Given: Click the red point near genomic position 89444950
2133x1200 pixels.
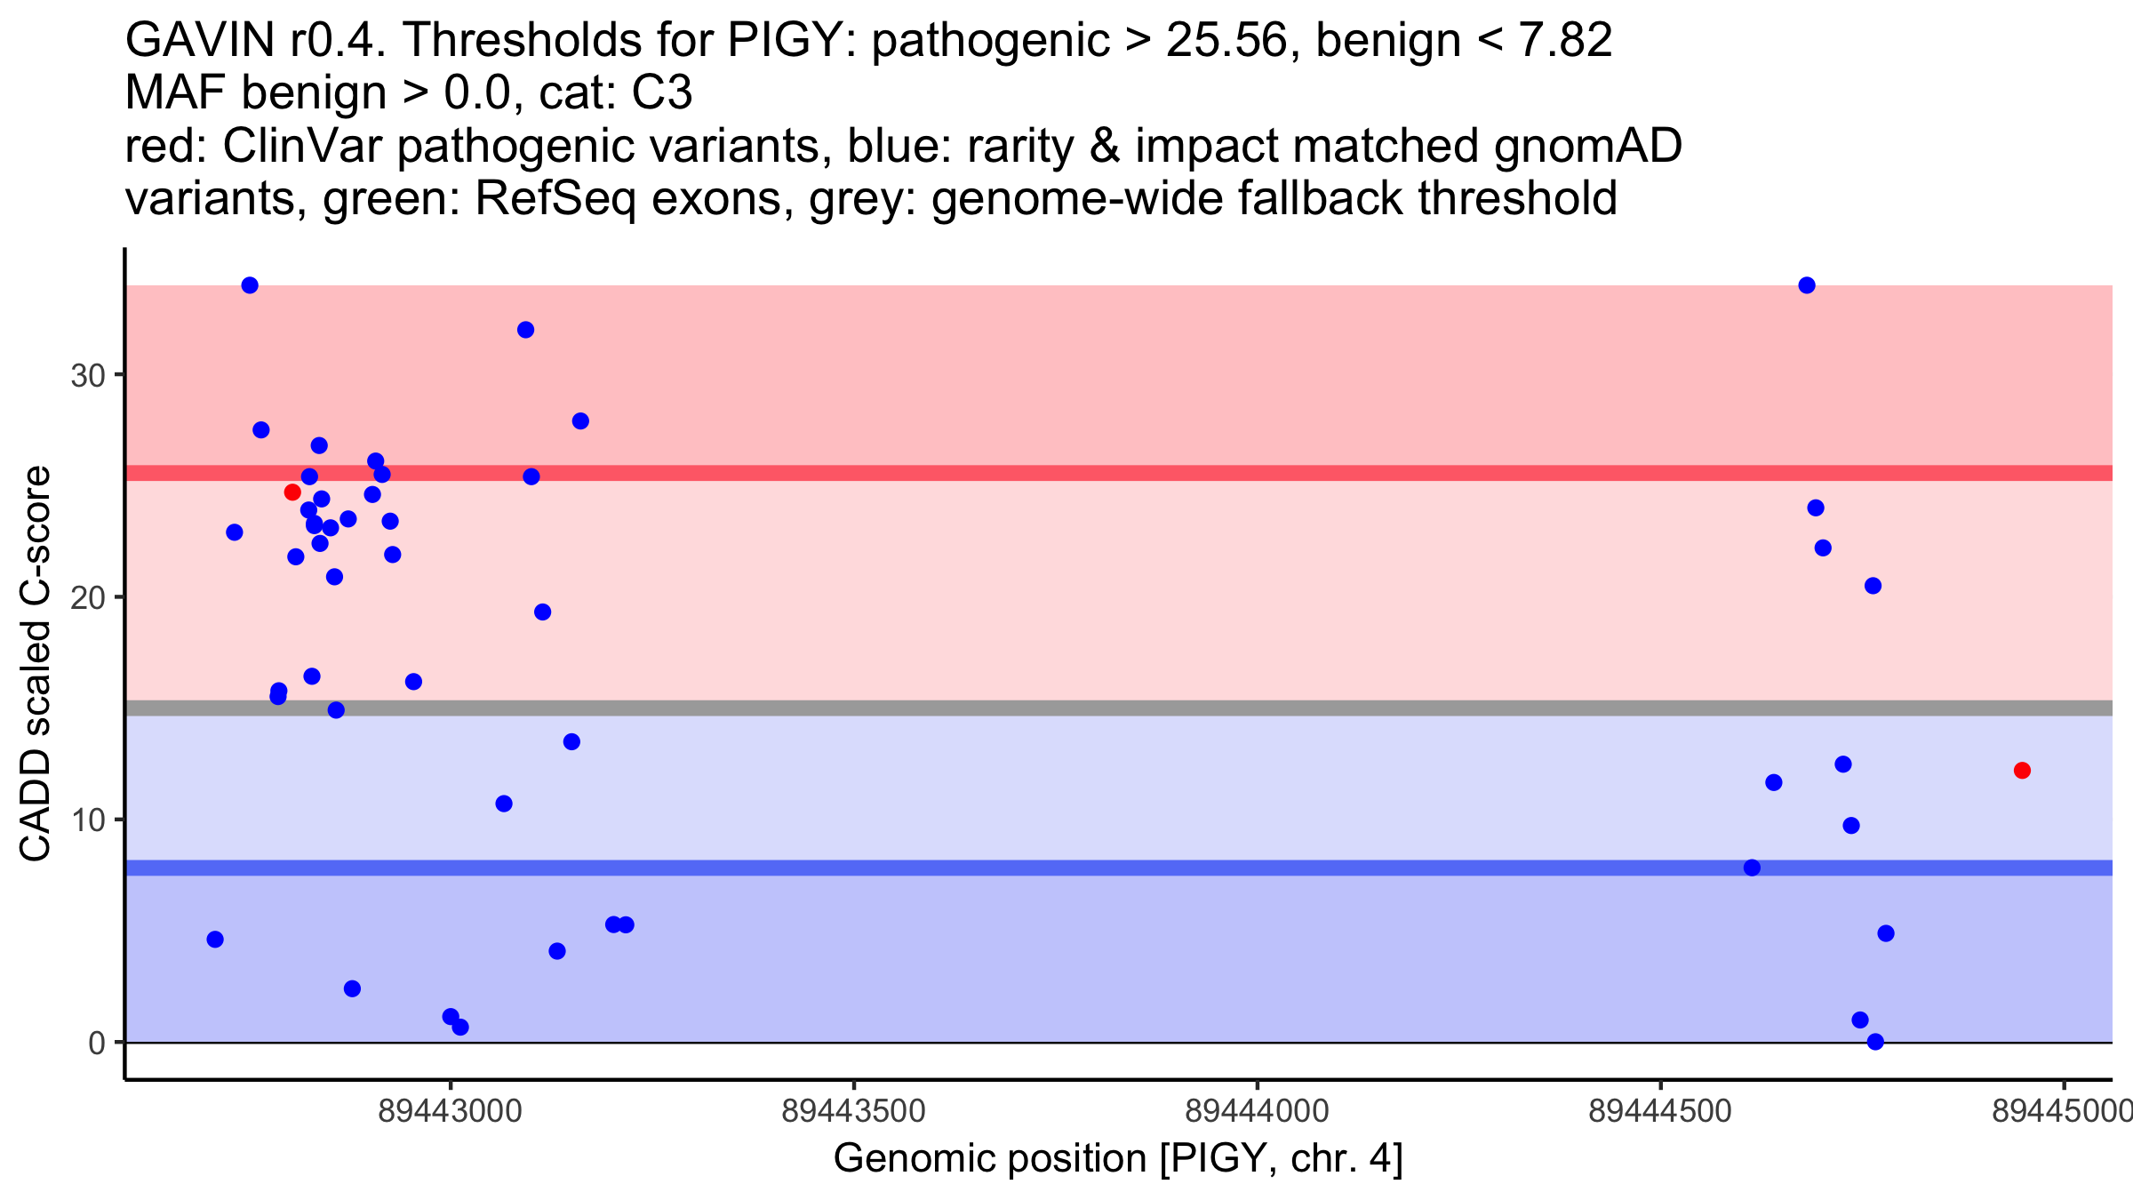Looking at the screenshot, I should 2022,770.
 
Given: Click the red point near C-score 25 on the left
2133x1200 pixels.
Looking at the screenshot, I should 292,492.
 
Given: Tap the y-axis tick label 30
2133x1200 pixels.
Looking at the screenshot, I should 88,375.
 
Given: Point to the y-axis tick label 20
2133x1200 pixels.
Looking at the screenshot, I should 88,597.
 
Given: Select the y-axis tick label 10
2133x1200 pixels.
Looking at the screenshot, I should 88,820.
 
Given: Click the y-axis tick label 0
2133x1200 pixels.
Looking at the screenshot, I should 97,1043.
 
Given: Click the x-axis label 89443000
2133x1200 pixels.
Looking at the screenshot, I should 450,1111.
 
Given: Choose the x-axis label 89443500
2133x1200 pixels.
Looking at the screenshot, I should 853,1111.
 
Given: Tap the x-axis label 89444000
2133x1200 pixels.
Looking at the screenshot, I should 1257,1111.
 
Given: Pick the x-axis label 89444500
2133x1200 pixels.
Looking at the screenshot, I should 1660,1111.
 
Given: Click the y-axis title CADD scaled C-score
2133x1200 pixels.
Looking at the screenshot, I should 36,664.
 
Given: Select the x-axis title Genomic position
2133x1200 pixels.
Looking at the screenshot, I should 1117,1159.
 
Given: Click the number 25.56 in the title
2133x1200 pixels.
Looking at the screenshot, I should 1226,40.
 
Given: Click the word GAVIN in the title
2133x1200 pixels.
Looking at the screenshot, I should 201,40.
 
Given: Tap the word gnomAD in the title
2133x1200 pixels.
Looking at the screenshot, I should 1587,146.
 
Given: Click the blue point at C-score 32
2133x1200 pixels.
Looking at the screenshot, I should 525,330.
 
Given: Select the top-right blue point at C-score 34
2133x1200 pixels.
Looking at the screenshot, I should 1807,285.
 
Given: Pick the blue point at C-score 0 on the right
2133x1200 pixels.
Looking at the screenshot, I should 1875,1042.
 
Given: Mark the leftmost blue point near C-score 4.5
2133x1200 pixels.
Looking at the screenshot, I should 215,940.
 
